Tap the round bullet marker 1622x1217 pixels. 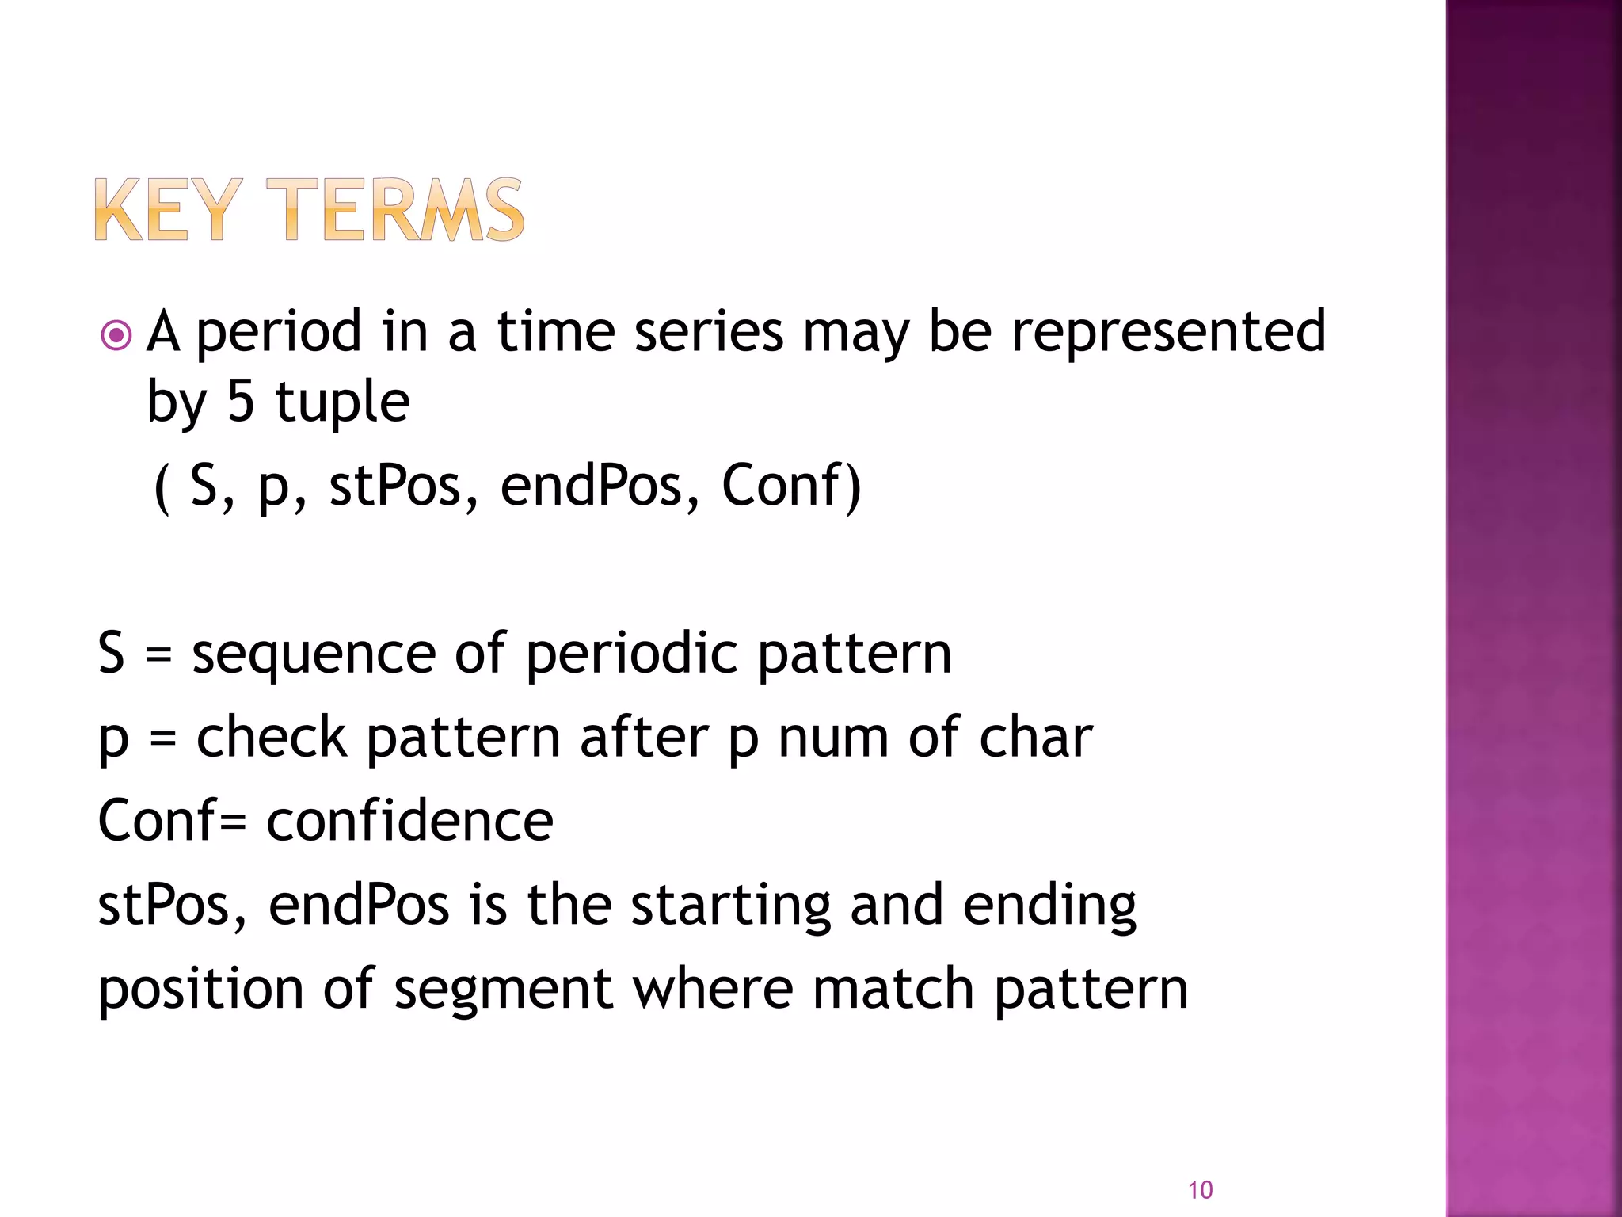click(116, 336)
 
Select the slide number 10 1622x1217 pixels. click(1200, 1189)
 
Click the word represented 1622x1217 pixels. click(1168, 331)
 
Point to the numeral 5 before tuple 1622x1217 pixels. click(241, 401)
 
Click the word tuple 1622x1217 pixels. click(342, 402)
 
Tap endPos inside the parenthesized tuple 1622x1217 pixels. click(591, 485)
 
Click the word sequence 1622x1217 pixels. click(314, 654)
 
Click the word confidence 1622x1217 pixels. click(409, 821)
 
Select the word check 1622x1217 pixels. click(271, 738)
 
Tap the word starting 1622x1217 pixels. click(730, 906)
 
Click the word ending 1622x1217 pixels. click(1049, 906)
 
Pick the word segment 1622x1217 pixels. click(503, 990)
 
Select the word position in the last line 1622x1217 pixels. click(200, 990)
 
